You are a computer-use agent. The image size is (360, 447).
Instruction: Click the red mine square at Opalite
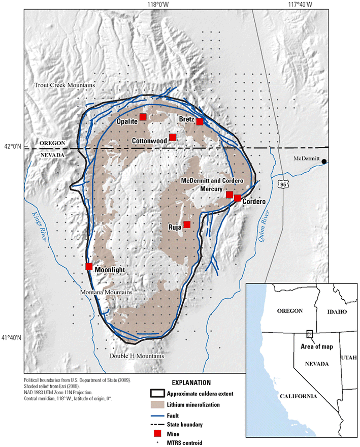pyautogui.click(x=143, y=117)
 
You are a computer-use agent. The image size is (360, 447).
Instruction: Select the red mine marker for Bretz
pyautogui.click(x=200, y=121)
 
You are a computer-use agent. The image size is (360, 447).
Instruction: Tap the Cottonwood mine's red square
pyautogui.click(x=173, y=137)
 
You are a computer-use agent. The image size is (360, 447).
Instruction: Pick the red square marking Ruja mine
pyautogui.click(x=187, y=225)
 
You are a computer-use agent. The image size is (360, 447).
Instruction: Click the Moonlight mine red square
pyautogui.click(x=89, y=266)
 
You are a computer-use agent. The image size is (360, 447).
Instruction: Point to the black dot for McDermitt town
pyautogui.click(x=324, y=162)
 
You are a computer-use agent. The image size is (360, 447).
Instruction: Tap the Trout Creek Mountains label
pyautogui.click(x=64, y=84)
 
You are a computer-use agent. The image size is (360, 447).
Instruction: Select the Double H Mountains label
pyautogui.click(x=137, y=356)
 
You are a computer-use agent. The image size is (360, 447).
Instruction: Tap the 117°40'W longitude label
pyautogui.click(x=301, y=5)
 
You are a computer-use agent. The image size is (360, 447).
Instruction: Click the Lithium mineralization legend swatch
pyautogui.click(x=160, y=405)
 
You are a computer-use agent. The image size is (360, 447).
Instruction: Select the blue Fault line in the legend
pyautogui.click(x=160, y=415)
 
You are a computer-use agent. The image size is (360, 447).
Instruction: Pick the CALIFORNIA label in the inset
pyautogui.click(x=298, y=396)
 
